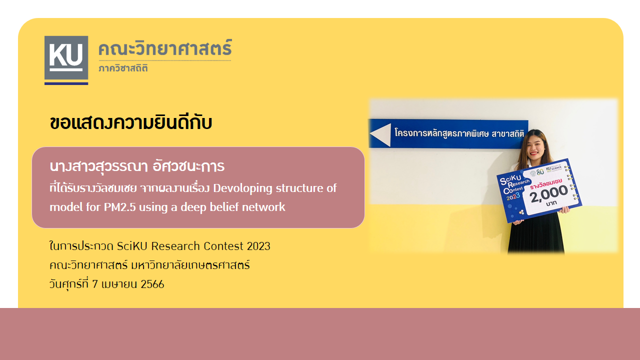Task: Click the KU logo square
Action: click(66, 57)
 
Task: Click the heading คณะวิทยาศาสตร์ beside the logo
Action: click(165, 48)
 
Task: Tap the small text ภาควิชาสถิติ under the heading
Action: click(123, 68)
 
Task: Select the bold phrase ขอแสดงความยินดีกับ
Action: click(131, 123)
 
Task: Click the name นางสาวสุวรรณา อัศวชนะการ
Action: click(137, 166)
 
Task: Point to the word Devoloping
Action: click(242, 188)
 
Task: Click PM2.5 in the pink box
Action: click(119, 207)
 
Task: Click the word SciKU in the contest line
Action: click(132, 246)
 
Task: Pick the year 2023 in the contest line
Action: click(258, 246)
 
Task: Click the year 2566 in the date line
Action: click(152, 284)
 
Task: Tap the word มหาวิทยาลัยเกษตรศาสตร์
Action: click(190, 265)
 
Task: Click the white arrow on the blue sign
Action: click(380, 134)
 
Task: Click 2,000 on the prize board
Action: click(549, 194)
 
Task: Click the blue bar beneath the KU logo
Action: click(66, 83)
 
